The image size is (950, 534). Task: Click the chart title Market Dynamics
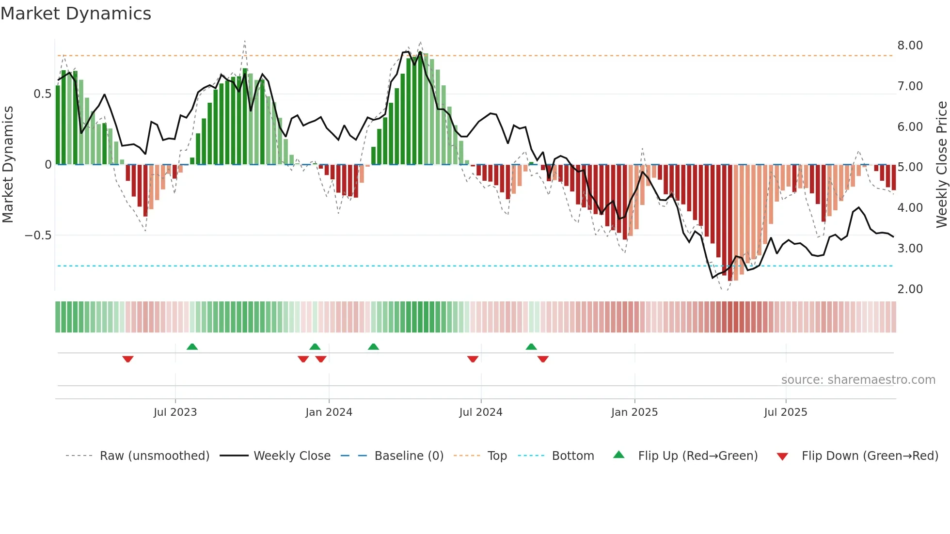(76, 14)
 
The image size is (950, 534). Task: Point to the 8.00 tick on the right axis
(910, 46)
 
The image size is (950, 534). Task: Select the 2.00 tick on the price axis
(910, 289)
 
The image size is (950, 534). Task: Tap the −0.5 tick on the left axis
(38, 236)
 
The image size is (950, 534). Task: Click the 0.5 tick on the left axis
(42, 94)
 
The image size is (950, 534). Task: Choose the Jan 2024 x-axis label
(329, 412)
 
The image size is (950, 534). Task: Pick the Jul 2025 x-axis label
(786, 412)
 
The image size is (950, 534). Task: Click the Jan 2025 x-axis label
(634, 412)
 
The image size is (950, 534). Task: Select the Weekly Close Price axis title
(941, 165)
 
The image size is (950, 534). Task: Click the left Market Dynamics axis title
(8, 165)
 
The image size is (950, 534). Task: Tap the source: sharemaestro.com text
(858, 380)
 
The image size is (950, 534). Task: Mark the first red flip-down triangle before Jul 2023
(128, 359)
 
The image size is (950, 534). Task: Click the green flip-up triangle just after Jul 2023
(192, 346)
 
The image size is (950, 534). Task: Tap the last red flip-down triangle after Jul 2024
(543, 359)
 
